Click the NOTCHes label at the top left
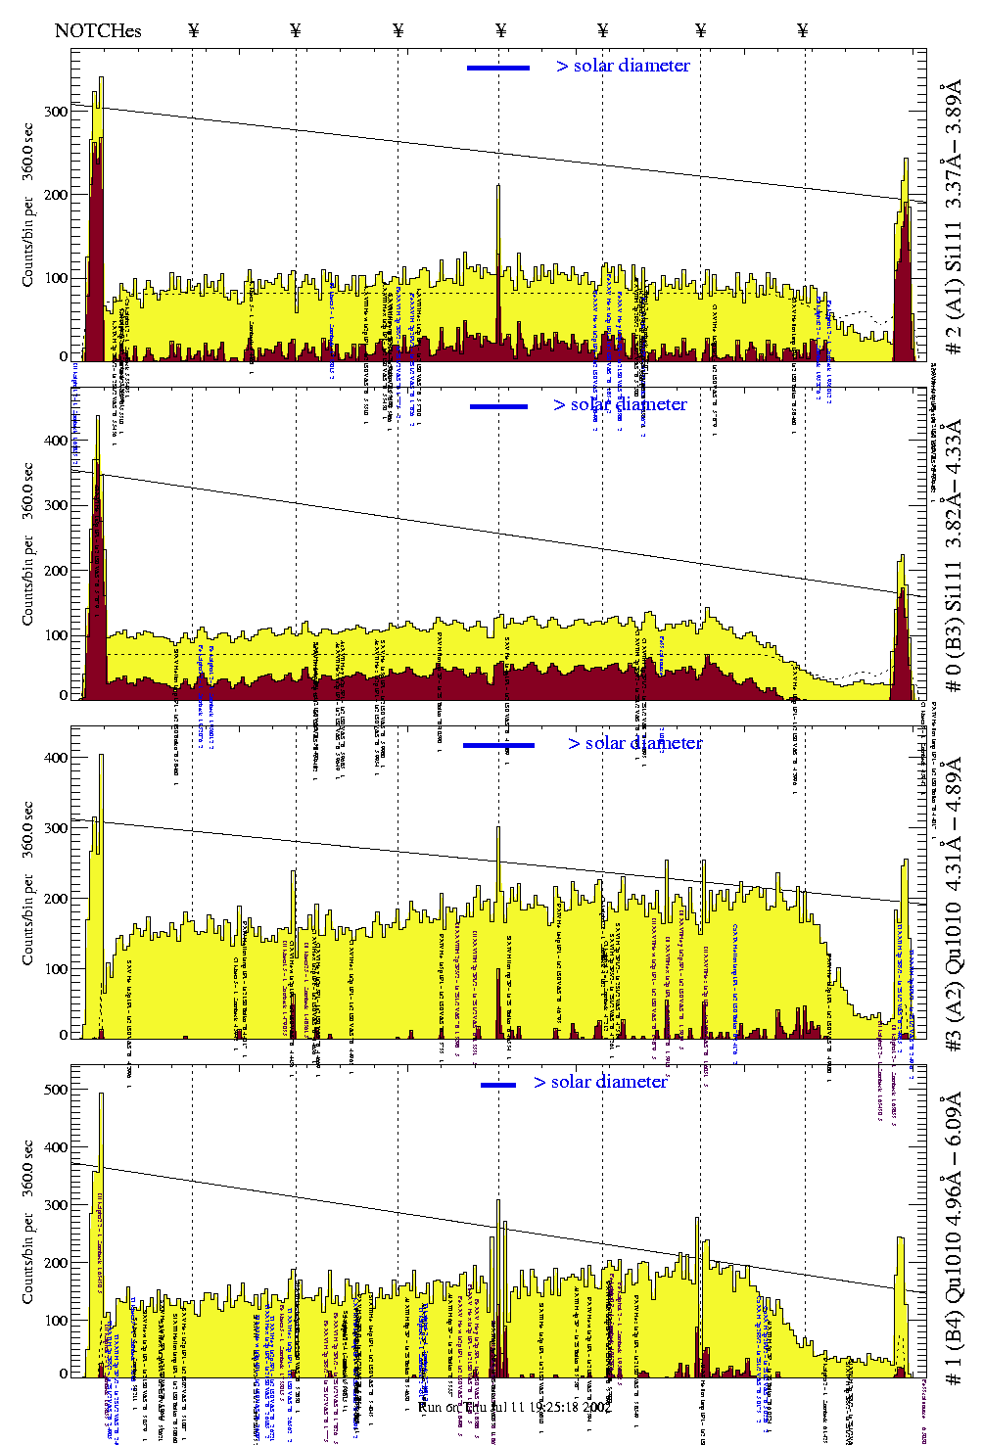point(98,30)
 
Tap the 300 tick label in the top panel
point(56,112)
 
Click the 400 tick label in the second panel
point(56,441)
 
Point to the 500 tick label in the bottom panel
point(56,1090)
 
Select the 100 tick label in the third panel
point(56,969)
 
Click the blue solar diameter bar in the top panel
point(498,68)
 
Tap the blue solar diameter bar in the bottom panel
point(498,1085)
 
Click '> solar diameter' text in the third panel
point(634,743)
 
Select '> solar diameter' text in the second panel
point(620,404)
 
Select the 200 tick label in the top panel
point(56,195)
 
